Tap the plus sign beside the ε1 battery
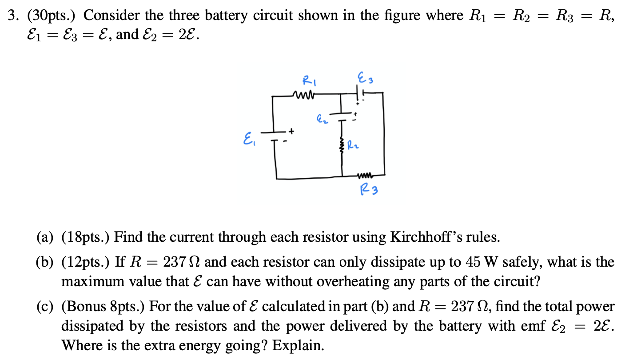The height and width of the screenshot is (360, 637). [291, 131]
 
